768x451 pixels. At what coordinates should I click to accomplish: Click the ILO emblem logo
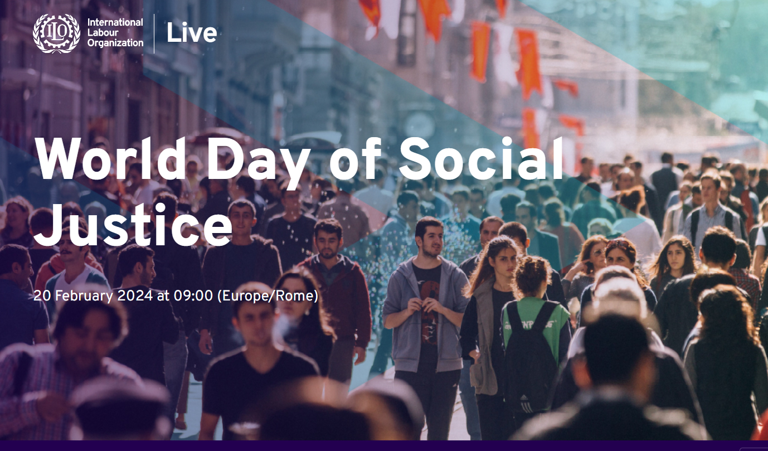[x=56, y=33]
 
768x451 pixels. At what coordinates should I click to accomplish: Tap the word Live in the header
[x=192, y=33]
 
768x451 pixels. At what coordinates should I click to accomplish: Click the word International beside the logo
[x=115, y=22]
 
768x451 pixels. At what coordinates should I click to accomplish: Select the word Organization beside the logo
[x=115, y=43]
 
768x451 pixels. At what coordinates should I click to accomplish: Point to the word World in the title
[x=111, y=158]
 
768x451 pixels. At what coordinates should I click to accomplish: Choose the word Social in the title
[x=480, y=158]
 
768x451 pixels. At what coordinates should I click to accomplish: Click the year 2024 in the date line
[x=135, y=295]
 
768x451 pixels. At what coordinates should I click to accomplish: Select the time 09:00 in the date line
[x=193, y=295]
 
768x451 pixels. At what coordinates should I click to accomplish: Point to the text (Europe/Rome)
[x=268, y=296]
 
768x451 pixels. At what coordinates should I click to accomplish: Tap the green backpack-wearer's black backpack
[x=532, y=357]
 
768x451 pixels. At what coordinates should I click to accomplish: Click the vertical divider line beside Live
[x=154, y=33]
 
